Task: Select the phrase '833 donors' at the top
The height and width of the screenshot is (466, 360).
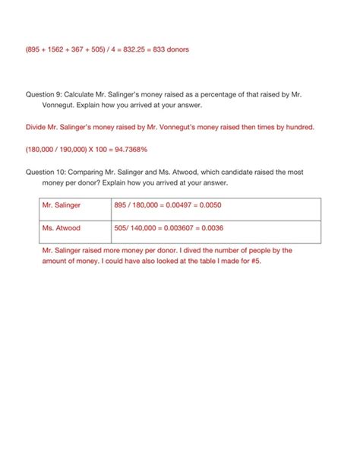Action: click(167, 49)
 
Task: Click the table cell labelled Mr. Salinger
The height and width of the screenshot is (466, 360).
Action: click(62, 205)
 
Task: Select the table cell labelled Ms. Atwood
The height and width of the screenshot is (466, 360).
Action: click(62, 227)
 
